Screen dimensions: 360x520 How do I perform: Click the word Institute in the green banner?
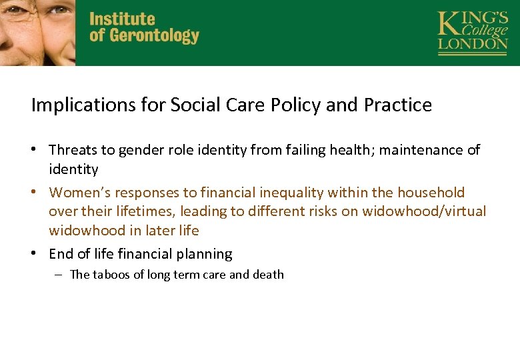click(122, 18)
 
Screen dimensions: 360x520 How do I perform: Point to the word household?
click(431, 193)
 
